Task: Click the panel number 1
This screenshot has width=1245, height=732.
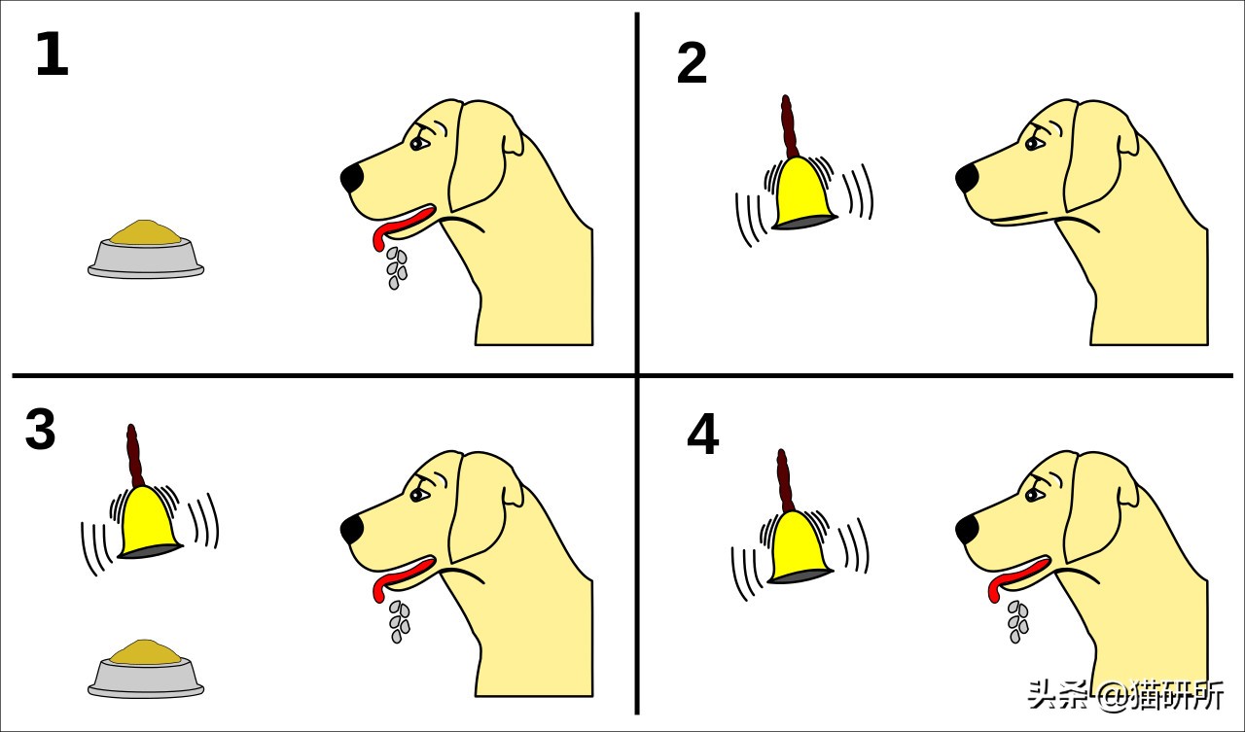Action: [53, 53]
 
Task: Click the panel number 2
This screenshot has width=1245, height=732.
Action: [692, 63]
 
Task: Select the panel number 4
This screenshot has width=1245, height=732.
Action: [702, 434]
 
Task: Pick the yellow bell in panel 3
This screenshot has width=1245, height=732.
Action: [149, 522]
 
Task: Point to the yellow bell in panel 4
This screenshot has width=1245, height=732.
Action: [799, 547]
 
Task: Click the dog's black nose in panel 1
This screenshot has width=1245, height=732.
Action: [352, 178]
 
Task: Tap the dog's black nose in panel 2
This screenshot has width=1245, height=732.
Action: [967, 178]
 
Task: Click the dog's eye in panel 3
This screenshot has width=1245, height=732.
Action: [418, 494]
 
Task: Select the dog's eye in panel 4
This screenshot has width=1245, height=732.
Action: [1034, 494]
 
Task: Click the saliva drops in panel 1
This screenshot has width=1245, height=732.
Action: [397, 268]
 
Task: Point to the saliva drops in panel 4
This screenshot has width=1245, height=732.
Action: [1017, 622]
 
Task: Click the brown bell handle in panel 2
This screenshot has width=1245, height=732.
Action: [788, 126]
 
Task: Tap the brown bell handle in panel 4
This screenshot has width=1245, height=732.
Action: [785, 481]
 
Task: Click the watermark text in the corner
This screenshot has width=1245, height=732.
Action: [1125, 694]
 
